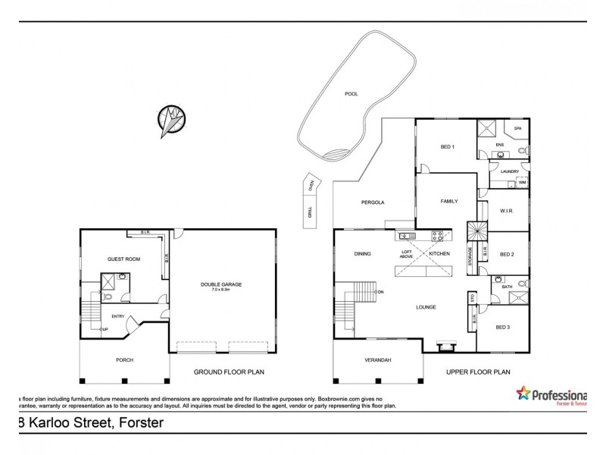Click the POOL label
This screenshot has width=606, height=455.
[x=351, y=94]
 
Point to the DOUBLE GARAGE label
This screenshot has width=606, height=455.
[x=220, y=284]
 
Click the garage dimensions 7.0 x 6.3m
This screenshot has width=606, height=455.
[x=220, y=290]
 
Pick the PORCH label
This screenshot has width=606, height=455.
[x=124, y=359]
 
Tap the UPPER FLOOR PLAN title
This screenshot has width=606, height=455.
[x=477, y=372]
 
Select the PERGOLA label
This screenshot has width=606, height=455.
[x=373, y=202]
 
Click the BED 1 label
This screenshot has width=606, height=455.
[x=447, y=146]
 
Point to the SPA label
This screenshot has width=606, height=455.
[x=518, y=129]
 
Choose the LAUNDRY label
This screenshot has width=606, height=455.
[x=510, y=171]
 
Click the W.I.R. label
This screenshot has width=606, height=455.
[x=507, y=211]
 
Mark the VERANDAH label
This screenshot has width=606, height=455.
[x=376, y=359]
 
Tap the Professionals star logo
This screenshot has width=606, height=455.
[x=523, y=393]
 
